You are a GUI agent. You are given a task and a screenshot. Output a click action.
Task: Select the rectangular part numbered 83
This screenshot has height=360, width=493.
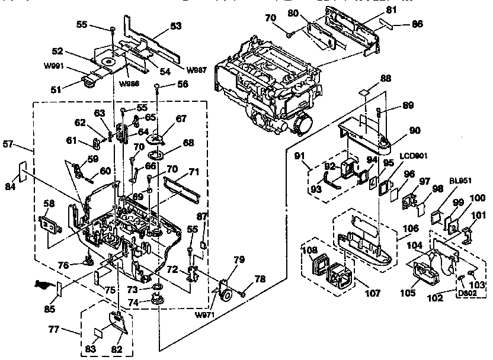tap(99, 332)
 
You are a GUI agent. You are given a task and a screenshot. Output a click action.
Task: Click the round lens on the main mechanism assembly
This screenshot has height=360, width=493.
tap(303, 124)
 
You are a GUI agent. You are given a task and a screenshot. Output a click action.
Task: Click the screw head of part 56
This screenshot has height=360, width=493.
tap(156, 86)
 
